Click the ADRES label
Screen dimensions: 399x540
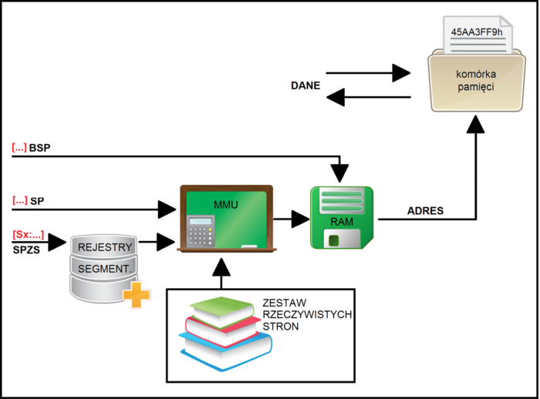(x=425, y=210)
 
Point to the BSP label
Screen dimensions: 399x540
(x=40, y=147)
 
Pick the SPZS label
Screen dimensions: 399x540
(x=28, y=250)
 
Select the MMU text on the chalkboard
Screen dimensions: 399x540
(x=227, y=205)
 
